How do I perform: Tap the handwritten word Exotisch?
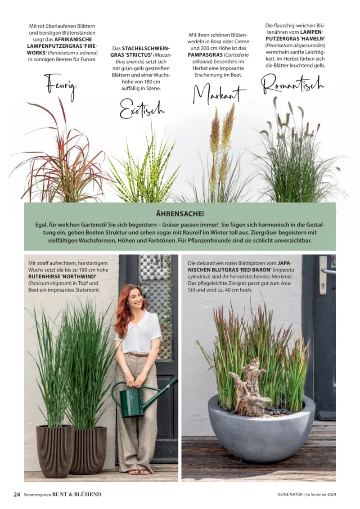point(142,109)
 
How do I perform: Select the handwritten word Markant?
point(220,94)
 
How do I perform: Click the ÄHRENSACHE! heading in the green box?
point(180,214)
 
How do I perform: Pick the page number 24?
point(17,495)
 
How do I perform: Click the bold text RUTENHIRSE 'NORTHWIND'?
point(63,277)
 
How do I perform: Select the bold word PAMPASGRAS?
point(205,55)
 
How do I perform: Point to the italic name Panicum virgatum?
point(50,284)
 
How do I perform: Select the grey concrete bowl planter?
point(261,428)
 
